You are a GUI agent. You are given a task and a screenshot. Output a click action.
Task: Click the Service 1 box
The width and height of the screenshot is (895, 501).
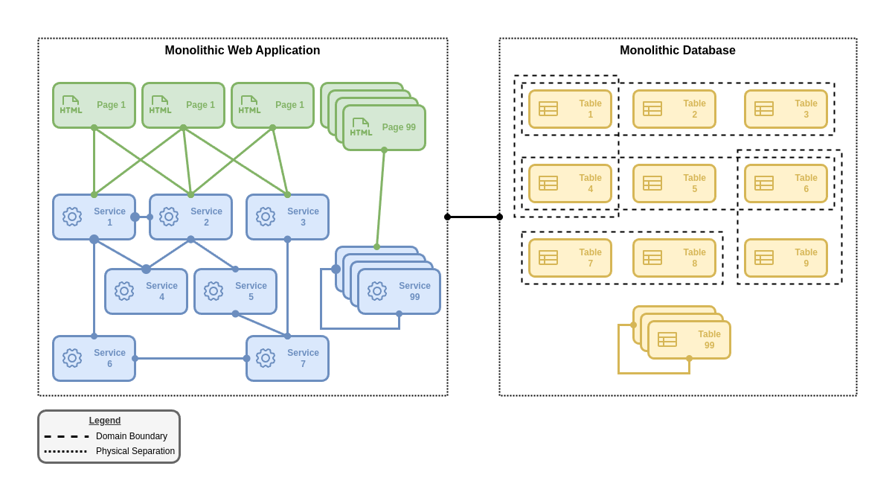tap(94, 217)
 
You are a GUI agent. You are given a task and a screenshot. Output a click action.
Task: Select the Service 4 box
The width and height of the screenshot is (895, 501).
tap(146, 291)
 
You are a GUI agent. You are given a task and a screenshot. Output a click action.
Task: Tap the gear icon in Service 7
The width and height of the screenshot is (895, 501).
tap(266, 358)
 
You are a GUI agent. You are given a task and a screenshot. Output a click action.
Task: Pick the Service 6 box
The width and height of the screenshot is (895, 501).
tap(94, 358)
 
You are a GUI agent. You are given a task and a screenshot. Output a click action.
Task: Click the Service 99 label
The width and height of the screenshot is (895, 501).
tap(414, 291)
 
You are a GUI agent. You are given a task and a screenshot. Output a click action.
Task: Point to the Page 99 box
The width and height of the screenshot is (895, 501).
tap(384, 127)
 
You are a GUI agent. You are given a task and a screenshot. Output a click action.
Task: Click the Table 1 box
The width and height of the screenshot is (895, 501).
tap(570, 109)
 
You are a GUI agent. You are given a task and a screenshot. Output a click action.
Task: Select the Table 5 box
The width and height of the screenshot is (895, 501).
tap(674, 183)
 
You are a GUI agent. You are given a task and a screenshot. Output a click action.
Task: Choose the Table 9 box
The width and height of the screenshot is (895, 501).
tap(786, 258)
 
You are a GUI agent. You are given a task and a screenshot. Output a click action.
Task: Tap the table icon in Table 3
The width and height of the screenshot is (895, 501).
tap(764, 109)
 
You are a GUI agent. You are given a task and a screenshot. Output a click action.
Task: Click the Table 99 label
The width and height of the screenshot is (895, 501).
tap(709, 339)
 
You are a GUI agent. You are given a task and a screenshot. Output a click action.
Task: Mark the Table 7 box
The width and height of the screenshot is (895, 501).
tap(570, 258)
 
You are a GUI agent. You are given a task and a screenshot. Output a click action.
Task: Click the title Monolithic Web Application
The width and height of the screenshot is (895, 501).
tap(243, 51)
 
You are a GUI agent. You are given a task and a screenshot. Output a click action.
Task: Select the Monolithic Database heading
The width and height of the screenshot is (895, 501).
tap(677, 51)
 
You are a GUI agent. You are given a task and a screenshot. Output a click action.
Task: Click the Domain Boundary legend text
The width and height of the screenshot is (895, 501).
tap(132, 436)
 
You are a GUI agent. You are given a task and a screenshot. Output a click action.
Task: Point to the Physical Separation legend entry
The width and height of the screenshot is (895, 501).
tap(135, 451)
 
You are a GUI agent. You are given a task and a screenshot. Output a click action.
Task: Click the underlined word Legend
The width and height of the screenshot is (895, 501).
tap(105, 421)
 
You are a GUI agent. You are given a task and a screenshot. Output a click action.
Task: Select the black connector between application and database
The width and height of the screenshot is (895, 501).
tap(473, 217)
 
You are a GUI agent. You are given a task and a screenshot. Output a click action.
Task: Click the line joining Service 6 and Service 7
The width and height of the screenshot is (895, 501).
tap(190, 358)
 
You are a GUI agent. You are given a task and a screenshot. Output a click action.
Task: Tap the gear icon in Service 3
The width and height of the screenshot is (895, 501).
tap(266, 217)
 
